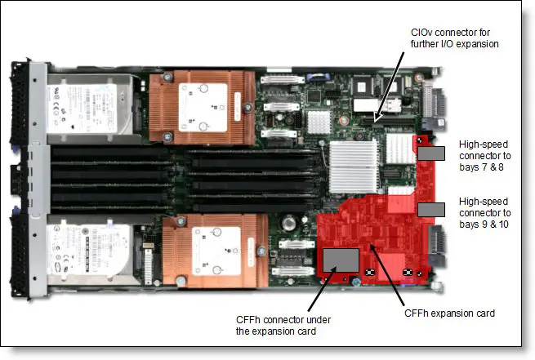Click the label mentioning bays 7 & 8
[x=487, y=157]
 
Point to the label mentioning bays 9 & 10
[x=487, y=211]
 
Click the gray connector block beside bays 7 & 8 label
[x=431, y=153]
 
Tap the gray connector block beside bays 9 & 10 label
[x=430, y=209]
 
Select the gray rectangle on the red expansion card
[x=341, y=260]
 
